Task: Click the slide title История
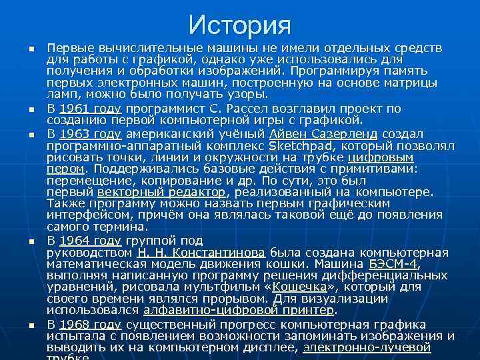[240, 25]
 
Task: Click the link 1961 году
[89, 108]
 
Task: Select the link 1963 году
[89, 133]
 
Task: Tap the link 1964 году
[89, 241]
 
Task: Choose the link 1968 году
[89, 324]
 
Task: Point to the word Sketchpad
[296, 145]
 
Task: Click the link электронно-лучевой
[367, 347]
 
